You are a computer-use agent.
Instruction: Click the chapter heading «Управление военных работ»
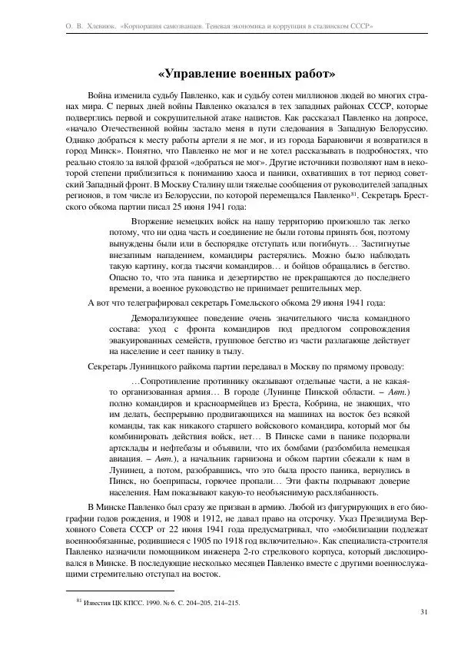click(246, 74)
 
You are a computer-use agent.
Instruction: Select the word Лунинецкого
click(153, 367)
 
